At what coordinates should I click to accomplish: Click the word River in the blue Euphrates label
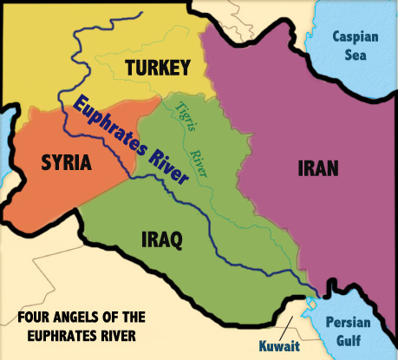click(x=167, y=168)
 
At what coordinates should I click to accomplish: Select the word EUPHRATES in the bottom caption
click(x=55, y=335)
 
